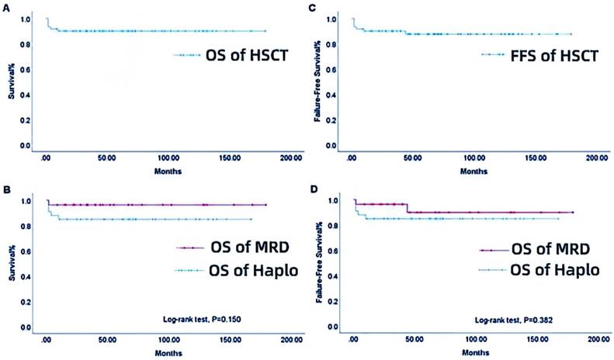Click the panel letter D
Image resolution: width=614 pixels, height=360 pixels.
[312, 188]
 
